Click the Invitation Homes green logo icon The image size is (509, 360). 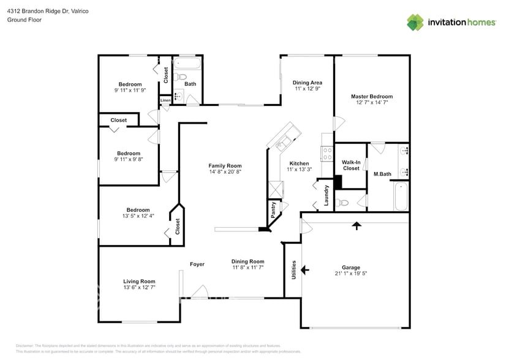[x=415, y=22]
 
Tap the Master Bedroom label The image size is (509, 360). [x=371, y=96]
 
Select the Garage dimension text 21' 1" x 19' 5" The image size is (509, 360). [x=350, y=274]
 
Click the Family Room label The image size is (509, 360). [x=225, y=166]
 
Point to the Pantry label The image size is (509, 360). [x=273, y=211]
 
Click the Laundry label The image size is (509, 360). [x=326, y=195]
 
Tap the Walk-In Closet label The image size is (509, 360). [x=351, y=165]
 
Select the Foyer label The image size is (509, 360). [x=197, y=264]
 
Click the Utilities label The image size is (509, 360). [x=293, y=269]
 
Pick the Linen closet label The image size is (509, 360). [x=165, y=100]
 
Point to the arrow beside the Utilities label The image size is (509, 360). [x=304, y=269]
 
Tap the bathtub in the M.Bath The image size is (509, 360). [x=401, y=197]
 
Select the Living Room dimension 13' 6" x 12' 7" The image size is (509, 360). [x=140, y=287]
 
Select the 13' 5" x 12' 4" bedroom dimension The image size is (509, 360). [x=135, y=216]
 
